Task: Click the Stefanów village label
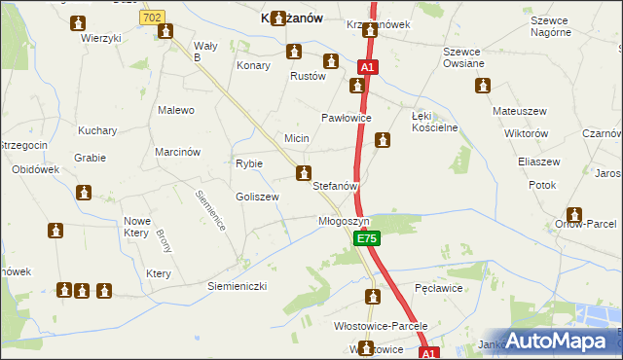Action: click(x=337, y=185)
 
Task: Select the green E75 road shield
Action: click(x=366, y=238)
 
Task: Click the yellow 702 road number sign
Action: click(x=152, y=18)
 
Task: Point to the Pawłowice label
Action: click(x=348, y=119)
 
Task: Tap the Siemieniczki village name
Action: click(x=237, y=287)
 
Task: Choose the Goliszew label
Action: click(x=257, y=197)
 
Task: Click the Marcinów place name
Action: click(x=177, y=152)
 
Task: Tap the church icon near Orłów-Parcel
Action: click(x=574, y=214)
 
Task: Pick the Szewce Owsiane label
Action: click(x=462, y=57)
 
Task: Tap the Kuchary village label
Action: click(x=97, y=130)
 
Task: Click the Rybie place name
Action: click(x=249, y=163)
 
